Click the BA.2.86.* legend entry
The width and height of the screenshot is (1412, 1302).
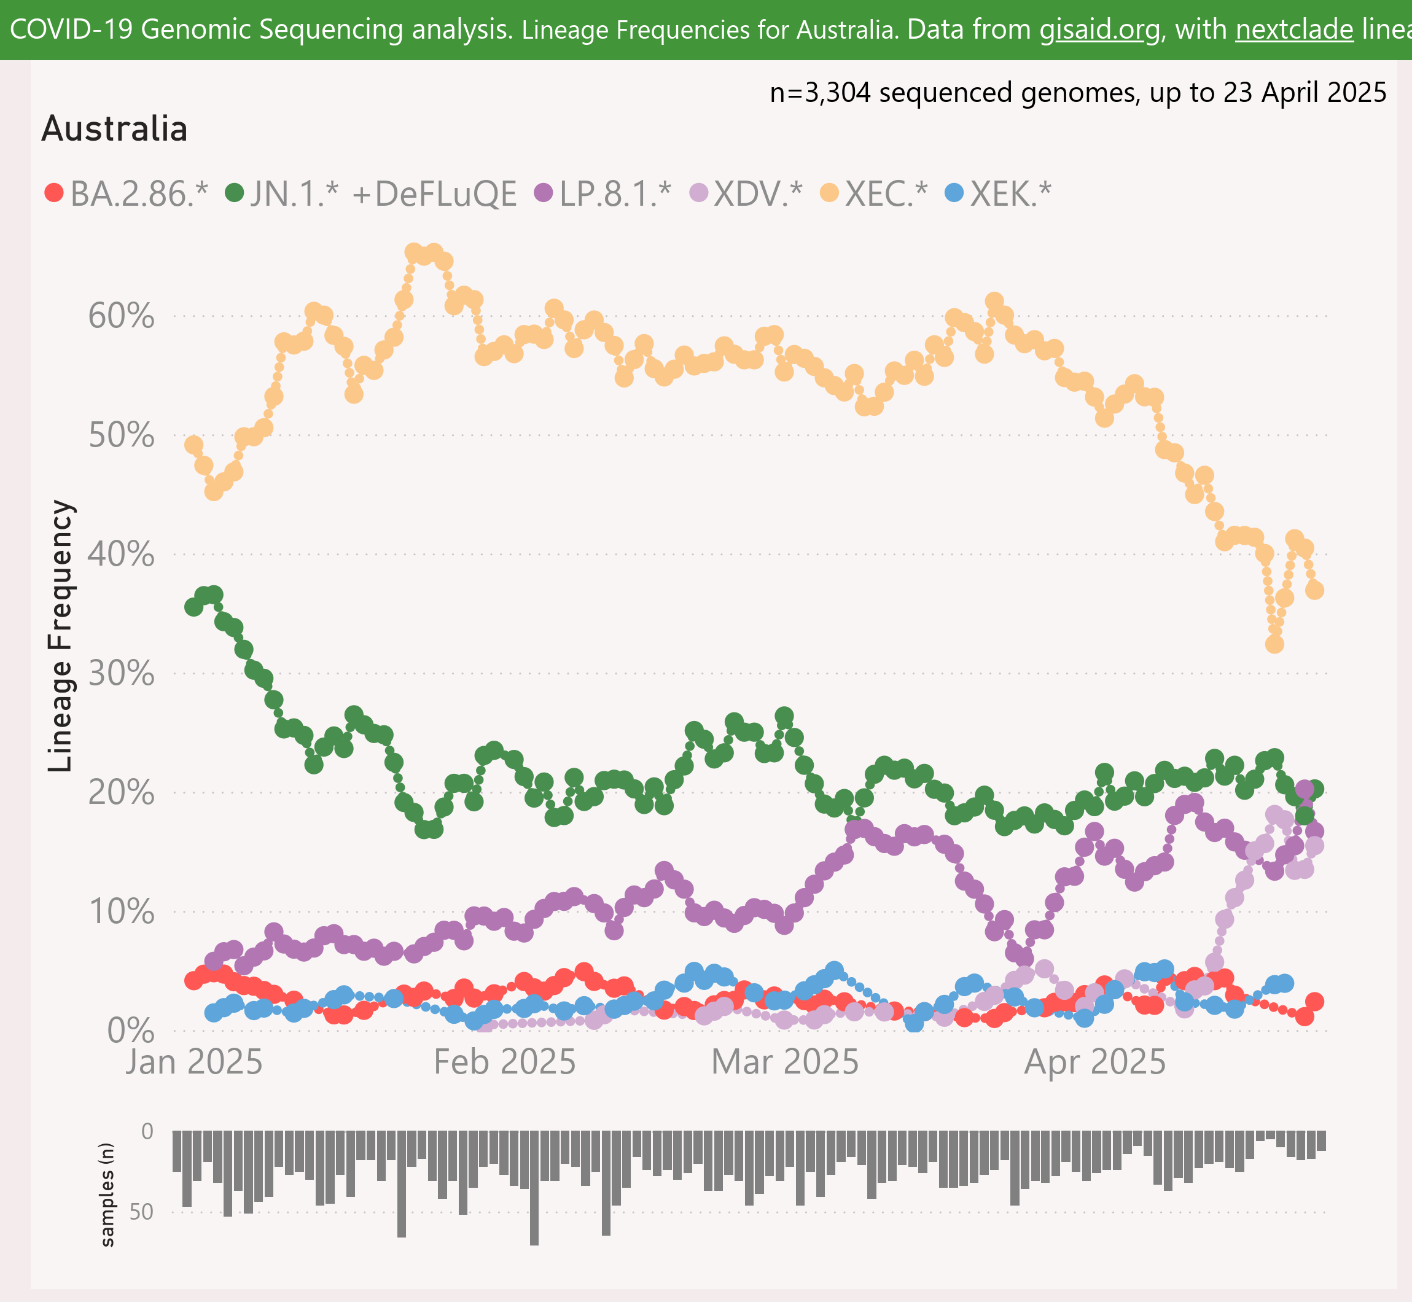(x=127, y=193)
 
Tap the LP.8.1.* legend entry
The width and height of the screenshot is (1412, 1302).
(x=603, y=193)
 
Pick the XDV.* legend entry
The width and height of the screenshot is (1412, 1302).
(x=746, y=193)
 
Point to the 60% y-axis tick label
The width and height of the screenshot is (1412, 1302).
(x=120, y=316)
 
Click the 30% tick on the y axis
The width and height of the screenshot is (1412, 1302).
(x=120, y=674)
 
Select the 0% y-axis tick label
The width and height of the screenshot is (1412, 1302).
(x=130, y=1031)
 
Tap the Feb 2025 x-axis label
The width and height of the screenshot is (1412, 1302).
(x=504, y=1062)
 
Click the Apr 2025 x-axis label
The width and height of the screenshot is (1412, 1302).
(x=1095, y=1062)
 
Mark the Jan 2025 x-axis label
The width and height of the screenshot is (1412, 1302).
(x=193, y=1062)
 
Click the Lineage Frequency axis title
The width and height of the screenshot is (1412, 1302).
(x=61, y=636)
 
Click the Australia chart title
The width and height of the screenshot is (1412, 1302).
(x=115, y=129)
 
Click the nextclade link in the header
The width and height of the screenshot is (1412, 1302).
(x=1294, y=29)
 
